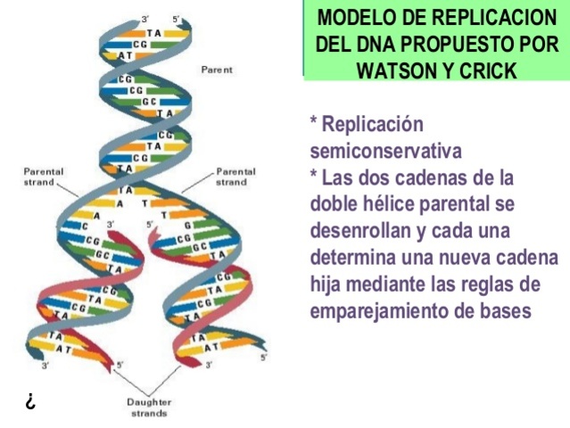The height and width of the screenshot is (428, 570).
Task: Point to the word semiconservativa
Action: (386, 150)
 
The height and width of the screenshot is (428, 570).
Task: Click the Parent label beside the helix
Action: (217, 69)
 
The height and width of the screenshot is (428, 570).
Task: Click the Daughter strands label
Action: (149, 407)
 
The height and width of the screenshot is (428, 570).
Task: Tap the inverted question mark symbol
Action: (29, 401)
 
